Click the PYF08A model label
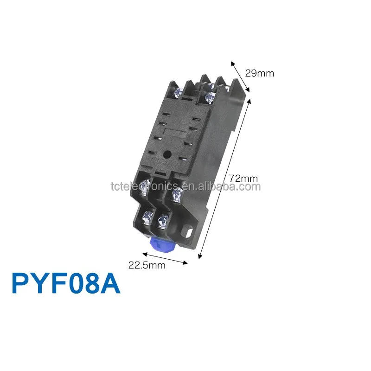point(65,284)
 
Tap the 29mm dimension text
point(260,73)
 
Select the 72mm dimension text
point(243,178)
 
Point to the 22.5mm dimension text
point(147,265)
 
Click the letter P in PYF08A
point(21,284)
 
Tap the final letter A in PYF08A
point(110,284)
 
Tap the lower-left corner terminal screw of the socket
point(147,216)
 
